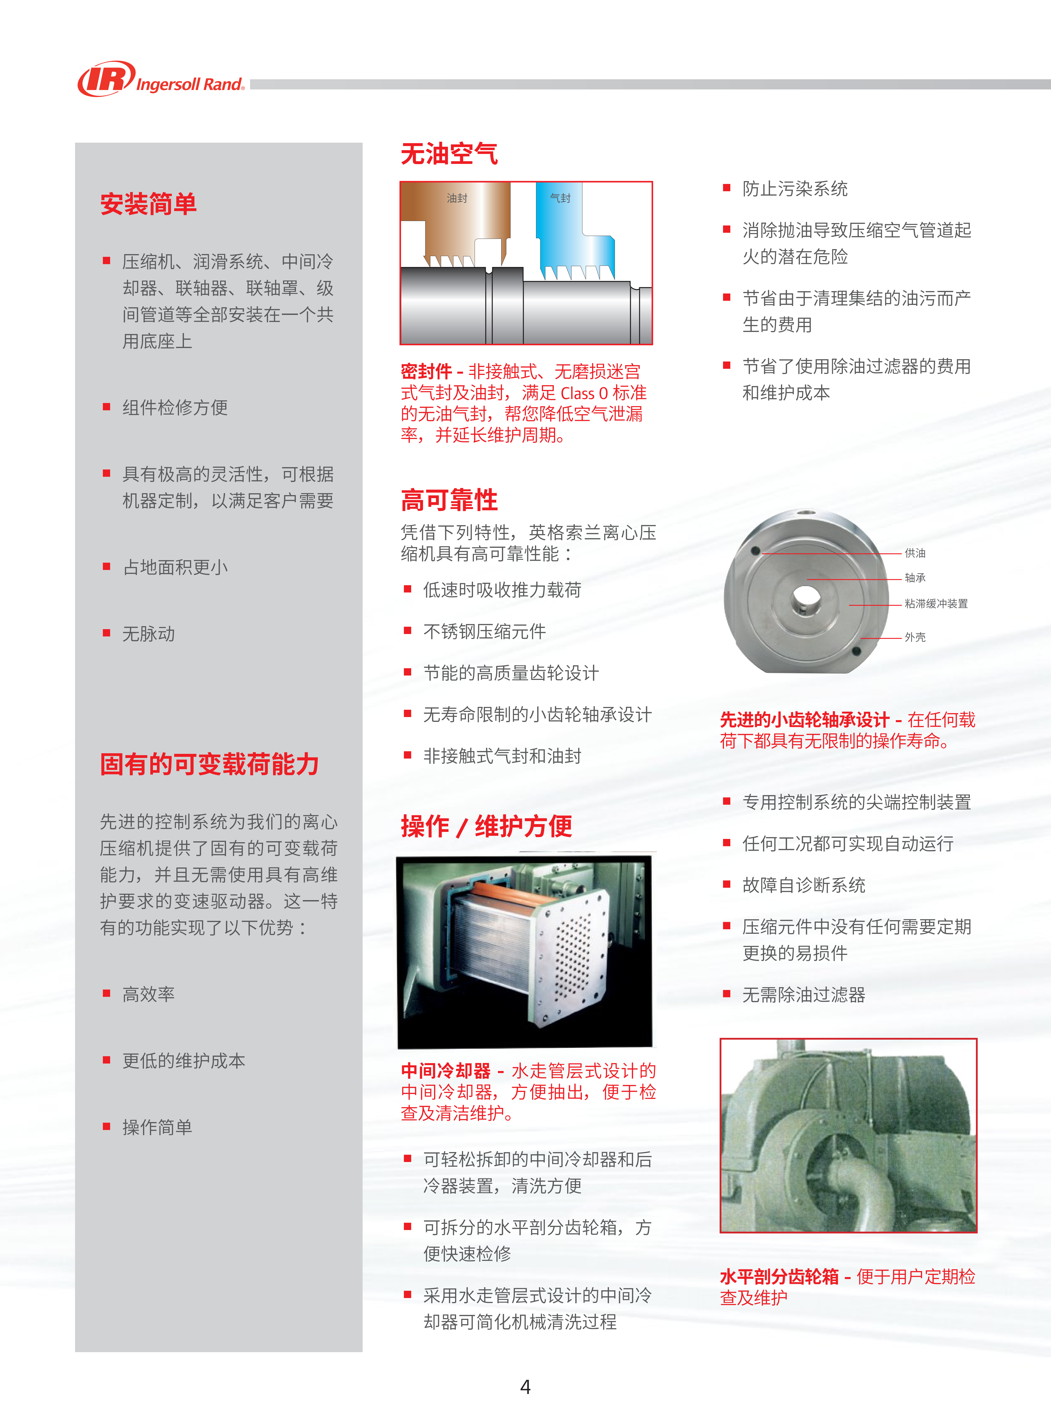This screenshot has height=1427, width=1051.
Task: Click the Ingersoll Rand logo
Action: point(161,79)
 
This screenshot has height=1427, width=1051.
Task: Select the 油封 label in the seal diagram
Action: point(457,199)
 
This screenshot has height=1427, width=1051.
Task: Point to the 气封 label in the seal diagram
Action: point(561,199)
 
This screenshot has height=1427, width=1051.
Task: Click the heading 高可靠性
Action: point(449,500)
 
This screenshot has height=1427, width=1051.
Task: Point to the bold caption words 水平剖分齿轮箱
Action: point(779,1277)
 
